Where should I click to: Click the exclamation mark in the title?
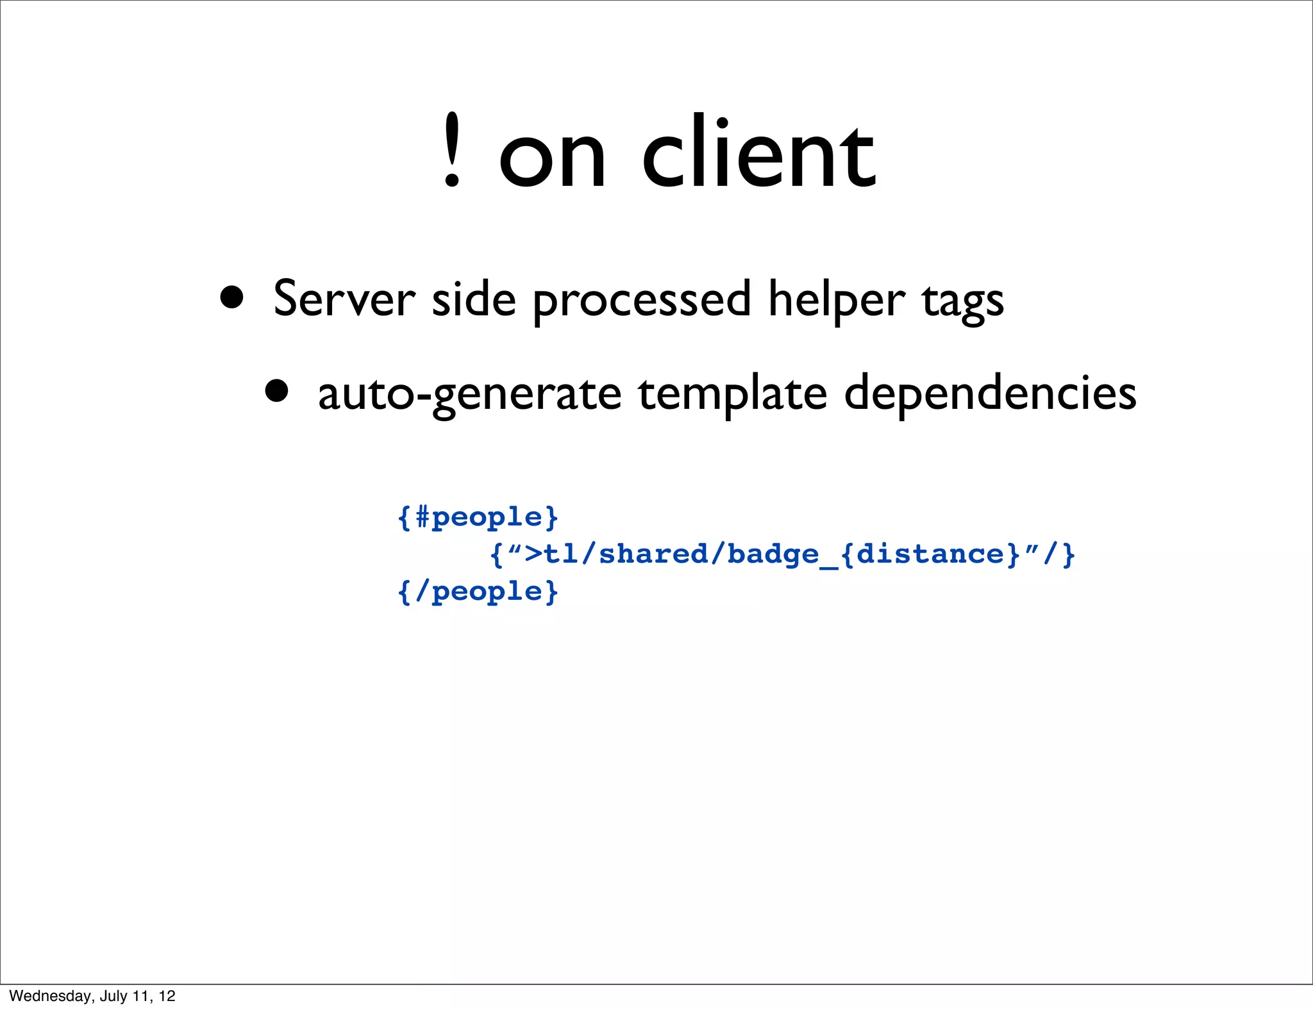[452, 151]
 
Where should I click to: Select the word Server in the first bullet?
[344, 299]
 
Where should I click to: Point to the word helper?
[837, 300]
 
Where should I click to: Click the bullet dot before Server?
[231, 297]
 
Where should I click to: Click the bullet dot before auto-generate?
[276, 390]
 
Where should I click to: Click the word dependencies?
[990, 393]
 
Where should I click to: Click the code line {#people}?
[478, 517]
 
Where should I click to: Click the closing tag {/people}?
[478, 592]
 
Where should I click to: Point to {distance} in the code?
[930, 554]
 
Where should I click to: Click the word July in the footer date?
[113, 996]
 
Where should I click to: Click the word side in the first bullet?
[474, 299]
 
